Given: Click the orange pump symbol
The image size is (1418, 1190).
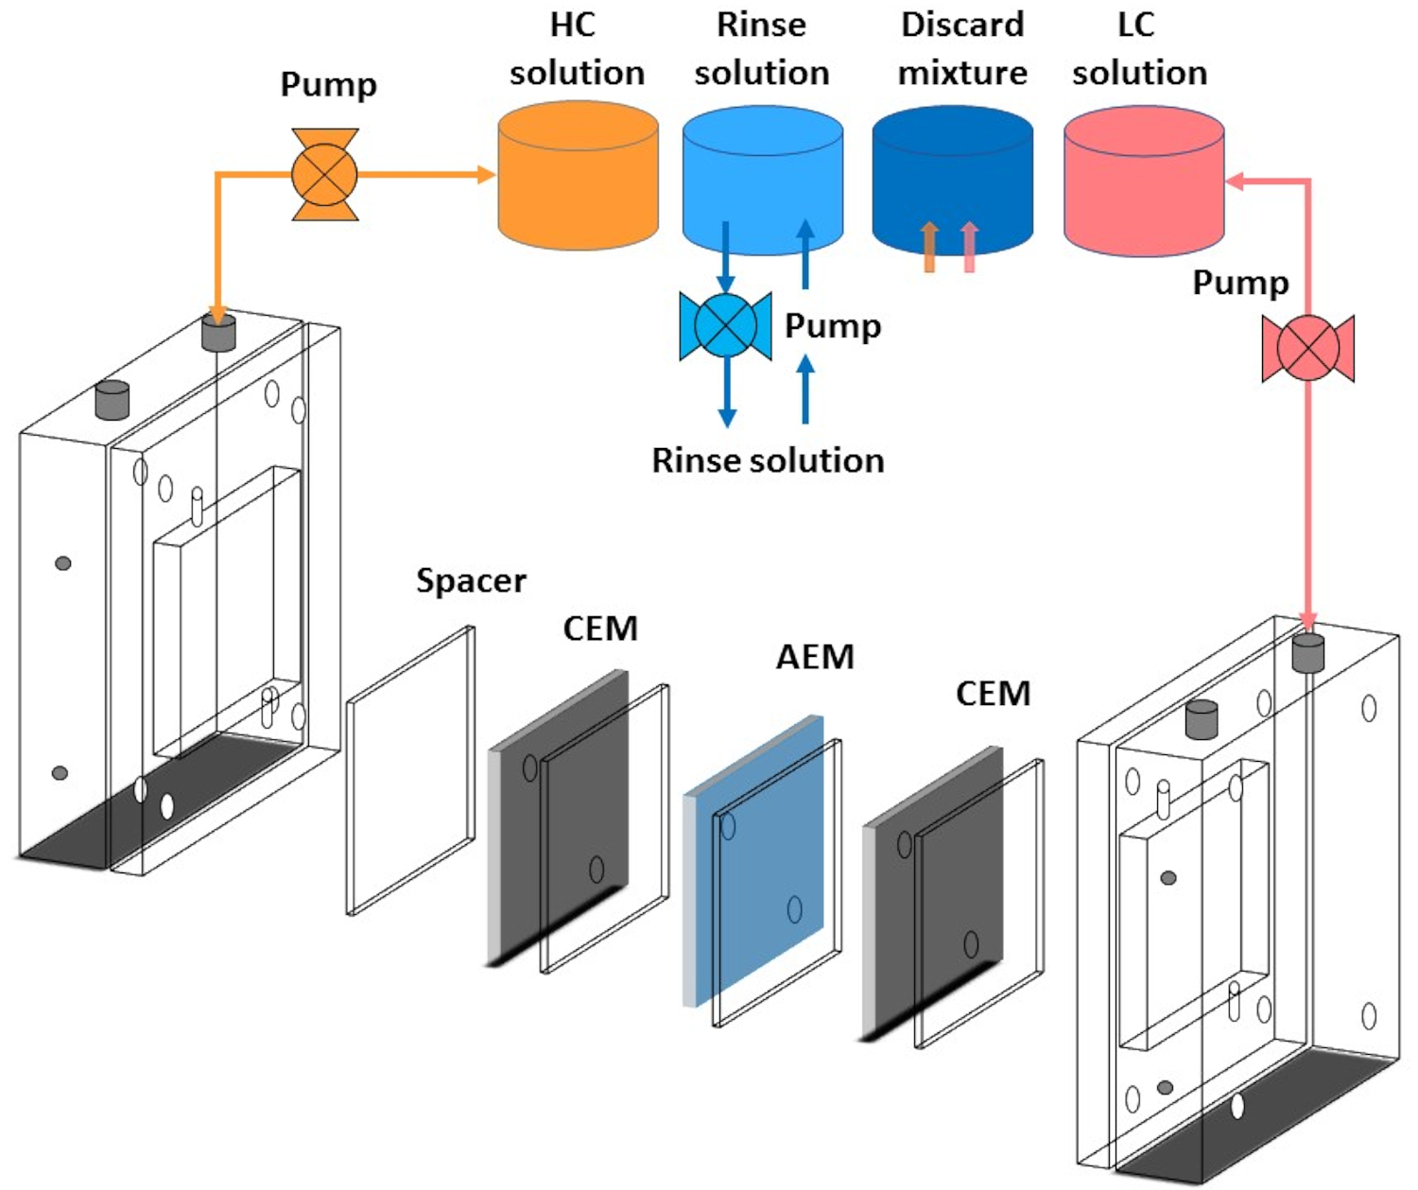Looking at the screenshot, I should tap(324, 175).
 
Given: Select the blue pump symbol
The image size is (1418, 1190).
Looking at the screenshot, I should tap(725, 326).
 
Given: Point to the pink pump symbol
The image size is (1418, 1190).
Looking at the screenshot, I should tap(1308, 348).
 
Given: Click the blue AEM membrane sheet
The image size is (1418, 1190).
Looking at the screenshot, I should tap(756, 851).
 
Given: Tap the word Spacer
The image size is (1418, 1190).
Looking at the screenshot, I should tap(471, 580).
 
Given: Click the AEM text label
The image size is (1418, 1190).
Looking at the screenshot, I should tap(815, 657).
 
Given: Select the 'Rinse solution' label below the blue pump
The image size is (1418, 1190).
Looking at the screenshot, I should tap(768, 460).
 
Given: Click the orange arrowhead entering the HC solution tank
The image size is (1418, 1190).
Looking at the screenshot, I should tap(487, 175).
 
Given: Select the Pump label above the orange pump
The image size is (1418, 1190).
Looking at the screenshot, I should tap(328, 85).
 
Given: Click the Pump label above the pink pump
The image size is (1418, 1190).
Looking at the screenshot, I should tap(1240, 283).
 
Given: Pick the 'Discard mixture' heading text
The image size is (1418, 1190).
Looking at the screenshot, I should tap(962, 49).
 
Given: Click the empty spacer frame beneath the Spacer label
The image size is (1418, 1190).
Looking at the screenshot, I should tap(410, 770).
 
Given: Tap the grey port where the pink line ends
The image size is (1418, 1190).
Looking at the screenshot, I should tap(1308, 652).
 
